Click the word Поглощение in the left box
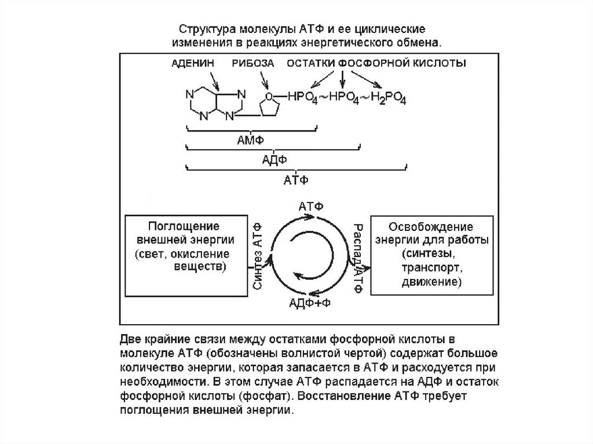183,225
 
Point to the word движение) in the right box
431,283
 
